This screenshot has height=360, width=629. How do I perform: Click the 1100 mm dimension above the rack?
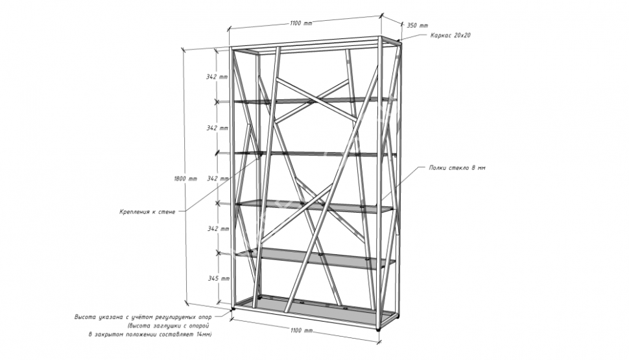(300, 23)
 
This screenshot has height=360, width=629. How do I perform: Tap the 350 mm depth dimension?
(418, 25)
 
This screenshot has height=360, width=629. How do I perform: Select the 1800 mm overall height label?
(185, 178)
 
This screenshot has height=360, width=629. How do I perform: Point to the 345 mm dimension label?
(219, 278)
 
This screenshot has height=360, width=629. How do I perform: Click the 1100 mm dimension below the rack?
(301, 330)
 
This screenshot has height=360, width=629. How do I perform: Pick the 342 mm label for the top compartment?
(217, 77)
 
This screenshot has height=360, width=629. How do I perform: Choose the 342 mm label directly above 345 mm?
(219, 229)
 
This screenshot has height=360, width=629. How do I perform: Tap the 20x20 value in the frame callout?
(462, 35)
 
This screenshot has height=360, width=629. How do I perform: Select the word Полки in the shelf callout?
(437, 168)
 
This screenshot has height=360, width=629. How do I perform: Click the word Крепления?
(133, 211)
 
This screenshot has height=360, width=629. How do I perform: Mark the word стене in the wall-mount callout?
(167, 211)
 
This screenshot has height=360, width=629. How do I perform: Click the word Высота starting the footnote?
(85, 317)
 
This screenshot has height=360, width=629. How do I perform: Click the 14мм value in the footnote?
(204, 334)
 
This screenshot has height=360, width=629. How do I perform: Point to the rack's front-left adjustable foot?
(232, 309)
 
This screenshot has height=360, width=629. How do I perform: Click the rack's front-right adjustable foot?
(377, 329)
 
